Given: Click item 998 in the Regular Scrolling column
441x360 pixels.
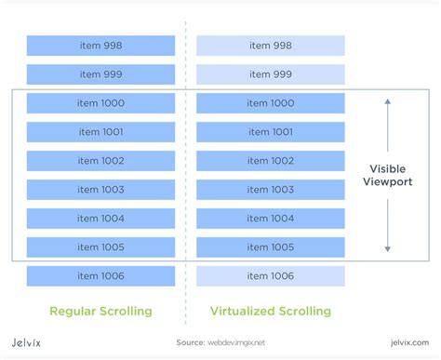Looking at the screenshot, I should [x=100, y=46].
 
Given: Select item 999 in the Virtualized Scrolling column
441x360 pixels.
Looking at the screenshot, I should [x=271, y=74].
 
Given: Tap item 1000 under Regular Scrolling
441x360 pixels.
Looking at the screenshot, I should [x=100, y=103].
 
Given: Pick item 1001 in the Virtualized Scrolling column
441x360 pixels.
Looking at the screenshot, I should [x=271, y=132].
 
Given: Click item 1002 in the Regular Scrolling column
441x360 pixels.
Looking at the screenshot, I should [x=100, y=161].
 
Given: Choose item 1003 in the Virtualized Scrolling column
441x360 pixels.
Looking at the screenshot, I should [x=271, y=190].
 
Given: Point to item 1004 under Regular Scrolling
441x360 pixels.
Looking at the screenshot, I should [x=100, y=219].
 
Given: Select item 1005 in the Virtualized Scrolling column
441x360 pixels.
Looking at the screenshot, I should [x=271, y=247].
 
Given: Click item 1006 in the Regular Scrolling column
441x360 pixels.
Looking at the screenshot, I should [x=100, y=276].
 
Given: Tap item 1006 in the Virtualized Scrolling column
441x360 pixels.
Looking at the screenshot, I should [x=271, y=276].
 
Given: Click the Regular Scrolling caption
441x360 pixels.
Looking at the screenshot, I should [x=100, y=310].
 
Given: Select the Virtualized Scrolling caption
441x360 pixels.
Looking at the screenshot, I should [x=271, y=310].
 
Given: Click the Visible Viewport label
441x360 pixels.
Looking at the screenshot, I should [x=388, y=176].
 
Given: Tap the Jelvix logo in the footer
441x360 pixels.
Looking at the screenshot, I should [x=33, y=343].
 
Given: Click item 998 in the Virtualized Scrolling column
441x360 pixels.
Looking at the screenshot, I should [x=271, y=46].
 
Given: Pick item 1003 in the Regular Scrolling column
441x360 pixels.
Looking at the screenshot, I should [x=100, y=190].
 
